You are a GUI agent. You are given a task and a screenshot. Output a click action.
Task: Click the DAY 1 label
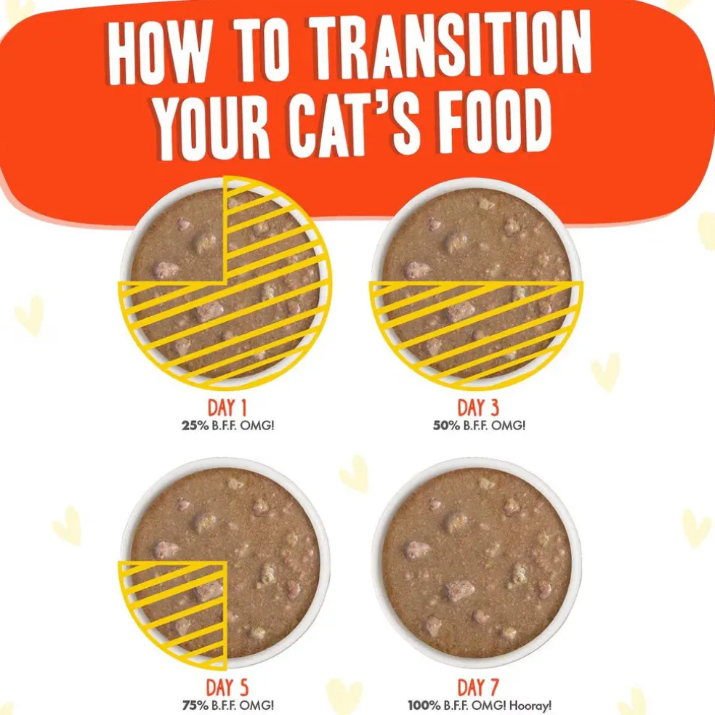(x=227, y=407)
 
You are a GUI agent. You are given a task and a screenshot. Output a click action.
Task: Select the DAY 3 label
(x=478, y=407)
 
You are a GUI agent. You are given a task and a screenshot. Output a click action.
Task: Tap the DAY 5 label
(x=227, y=687)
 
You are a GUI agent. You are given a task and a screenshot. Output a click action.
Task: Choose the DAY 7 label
(x=478, y=687)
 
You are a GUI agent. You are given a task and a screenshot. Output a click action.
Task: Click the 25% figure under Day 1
(x=195, y=426)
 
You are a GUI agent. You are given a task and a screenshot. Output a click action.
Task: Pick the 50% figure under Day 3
(x=446, y=426)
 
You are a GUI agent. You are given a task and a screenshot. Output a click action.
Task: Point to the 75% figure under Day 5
(x=195, y=706)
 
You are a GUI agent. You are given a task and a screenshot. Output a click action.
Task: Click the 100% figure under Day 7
(x=425, y=706)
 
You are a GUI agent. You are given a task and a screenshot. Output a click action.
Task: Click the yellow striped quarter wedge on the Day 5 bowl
(x=182, y=607)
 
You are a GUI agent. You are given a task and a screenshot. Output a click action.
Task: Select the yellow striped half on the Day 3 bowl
(x=476, y=328)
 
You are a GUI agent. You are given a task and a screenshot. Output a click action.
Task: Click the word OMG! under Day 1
(x=257, y=426)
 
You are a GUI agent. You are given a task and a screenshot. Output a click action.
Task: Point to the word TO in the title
(x=262, y=48)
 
